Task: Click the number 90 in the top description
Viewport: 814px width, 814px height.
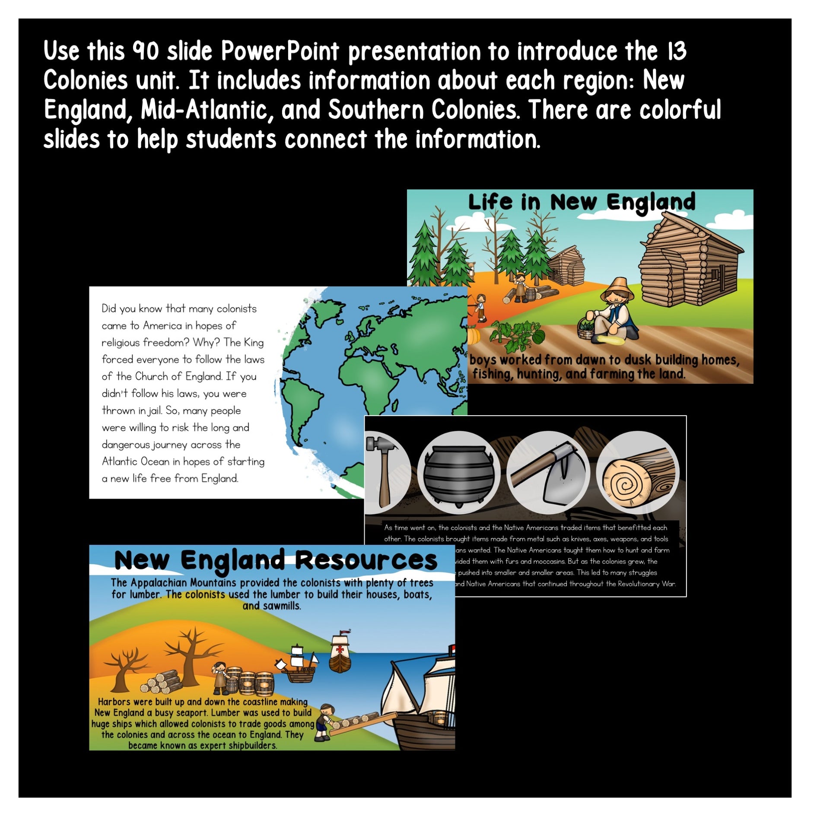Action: tap(146, 52)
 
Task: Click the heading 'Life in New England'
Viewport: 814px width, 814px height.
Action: tap(582, 202)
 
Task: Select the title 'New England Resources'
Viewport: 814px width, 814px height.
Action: tap(276, 560)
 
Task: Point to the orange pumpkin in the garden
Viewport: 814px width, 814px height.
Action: tap(474, 336)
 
